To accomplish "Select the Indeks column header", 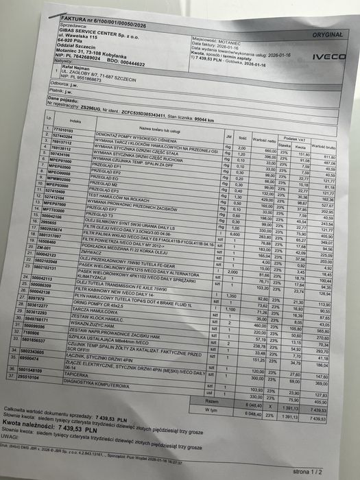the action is point(75,121).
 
